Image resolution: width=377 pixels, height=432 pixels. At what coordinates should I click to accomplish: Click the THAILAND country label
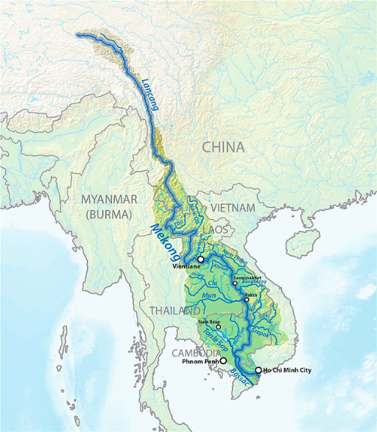pyautogui.click(x=172, y=310)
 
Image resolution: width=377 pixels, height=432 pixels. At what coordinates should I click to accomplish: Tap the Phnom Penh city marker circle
pyautogui.click(x=223, y=362)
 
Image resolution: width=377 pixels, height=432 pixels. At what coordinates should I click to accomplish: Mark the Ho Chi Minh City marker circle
pyautogui.click(x=258, y=369)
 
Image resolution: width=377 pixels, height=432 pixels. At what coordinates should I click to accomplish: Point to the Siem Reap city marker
pyautogui.click(x=218, y=327)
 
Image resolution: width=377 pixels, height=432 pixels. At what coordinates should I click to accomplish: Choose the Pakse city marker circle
pyautogui.click(x=247, y=300)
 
